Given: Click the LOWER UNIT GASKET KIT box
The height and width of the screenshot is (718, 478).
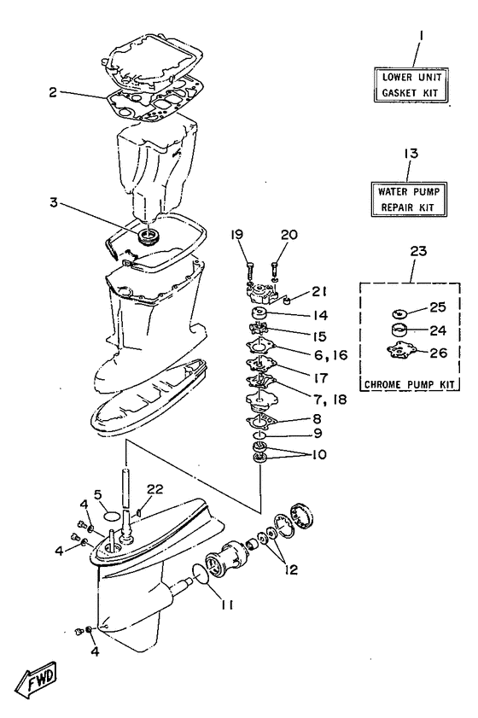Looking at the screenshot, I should (x=414, y=86).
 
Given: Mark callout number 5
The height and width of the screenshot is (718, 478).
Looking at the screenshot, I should (x=98, y=517).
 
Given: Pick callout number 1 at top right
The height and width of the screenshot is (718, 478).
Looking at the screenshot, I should (x=421, y=38).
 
